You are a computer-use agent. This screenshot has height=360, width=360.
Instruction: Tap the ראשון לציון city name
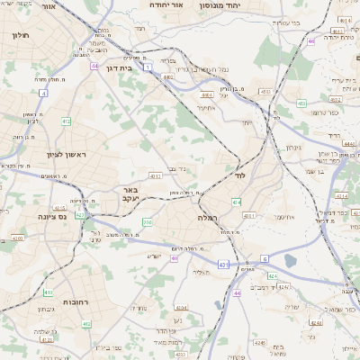tap(63, 155)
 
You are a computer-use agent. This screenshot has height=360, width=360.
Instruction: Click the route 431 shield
tap(222, 265)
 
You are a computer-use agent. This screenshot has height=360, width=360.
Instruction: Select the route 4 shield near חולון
tap(42, 93)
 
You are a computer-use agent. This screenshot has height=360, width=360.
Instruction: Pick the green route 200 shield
tap(148, 221)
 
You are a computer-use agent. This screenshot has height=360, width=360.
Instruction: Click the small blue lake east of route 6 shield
tap(290, 261)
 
